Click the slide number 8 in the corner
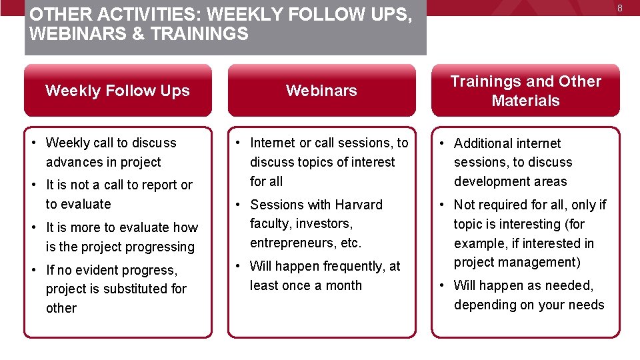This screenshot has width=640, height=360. [x=619, y=8]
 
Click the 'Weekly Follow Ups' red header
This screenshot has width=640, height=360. [x=117, y=91]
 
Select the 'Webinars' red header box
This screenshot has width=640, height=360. [x=321, y=91]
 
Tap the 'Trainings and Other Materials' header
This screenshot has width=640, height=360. [x=525, y=91]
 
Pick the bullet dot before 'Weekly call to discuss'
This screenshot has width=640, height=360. [x=35, y=143]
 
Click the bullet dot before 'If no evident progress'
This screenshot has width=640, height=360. [x=35, y=270]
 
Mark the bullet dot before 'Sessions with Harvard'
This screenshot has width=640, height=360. [x=239, y=205]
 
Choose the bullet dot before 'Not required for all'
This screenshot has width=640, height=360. [x=443, y=205]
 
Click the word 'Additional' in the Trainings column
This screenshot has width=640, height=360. [x=483, y=143]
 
